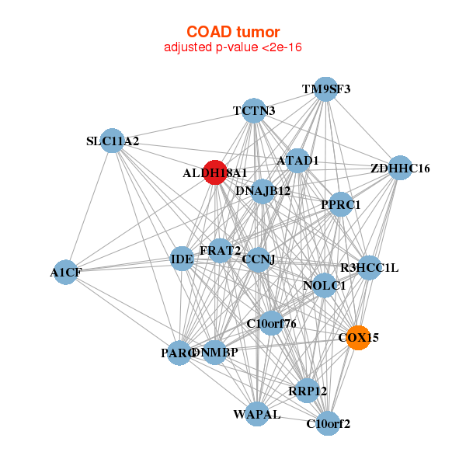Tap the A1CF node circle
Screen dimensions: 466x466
click(x=66, y=272)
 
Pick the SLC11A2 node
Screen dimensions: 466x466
click(x=113, y=141)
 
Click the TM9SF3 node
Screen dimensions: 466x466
click(x=326, y=89)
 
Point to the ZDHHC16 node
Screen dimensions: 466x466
click(x=400, y=168)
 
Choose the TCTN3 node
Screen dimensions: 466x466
click(x=254, y=110)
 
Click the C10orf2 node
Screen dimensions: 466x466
click(x=329, y=423)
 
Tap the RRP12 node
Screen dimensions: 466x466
click(x=308, y=390)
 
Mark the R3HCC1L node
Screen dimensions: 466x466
click(x=369, y=268)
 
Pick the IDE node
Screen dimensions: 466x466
click(x=182, y=259)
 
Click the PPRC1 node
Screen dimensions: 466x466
click(x=341, y=204)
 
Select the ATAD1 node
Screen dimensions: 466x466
click(x=298, y=161)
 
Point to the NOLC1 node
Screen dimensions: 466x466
click(x=324, y=286)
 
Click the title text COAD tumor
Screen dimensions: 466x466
click(x=232, y=32)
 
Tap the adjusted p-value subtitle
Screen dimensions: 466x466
click(x=232, y=47)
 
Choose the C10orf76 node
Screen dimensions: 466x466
click(x=271, y=322)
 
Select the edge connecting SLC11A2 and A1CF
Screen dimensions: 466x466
click(x=89, y=206)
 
